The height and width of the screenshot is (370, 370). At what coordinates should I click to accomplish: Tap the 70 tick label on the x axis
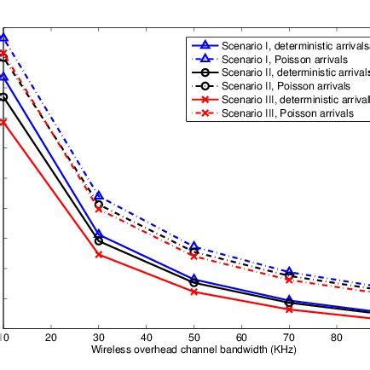tap(289, 338)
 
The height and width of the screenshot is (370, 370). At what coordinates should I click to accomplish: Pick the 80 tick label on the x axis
tap(337, 338)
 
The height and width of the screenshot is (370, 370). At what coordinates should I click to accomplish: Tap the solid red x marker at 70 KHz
tap(289, 309)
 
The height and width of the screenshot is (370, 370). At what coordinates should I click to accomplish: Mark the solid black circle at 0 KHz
tap(3, 97)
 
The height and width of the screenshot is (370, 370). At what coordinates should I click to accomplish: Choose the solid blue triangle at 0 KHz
tap(3, 77)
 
